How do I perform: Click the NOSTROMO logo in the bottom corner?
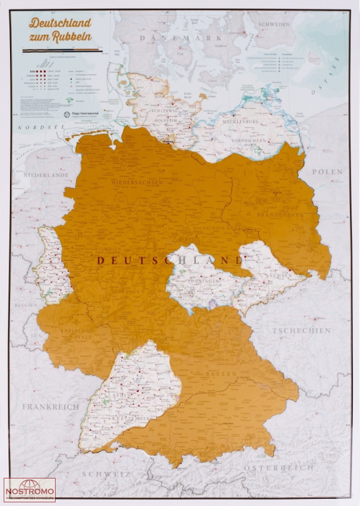29,489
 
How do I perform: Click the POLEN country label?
327,171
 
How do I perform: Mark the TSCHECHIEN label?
302,330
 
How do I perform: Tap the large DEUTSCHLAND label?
171,260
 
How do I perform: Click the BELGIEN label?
26,306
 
